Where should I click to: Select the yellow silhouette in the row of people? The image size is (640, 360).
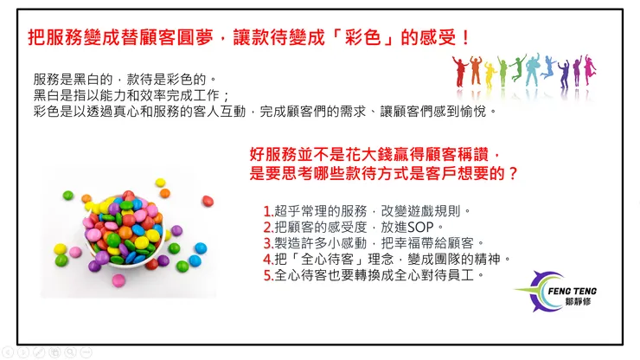pyautogui.click(x=490, y=74)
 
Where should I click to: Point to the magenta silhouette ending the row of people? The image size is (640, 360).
pyautogui.click(x=594, y=72)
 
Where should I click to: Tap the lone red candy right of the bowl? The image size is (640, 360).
pyautogui.click(x=208, y=202)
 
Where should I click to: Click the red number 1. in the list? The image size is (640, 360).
pyautogui.click(x=267, y=211)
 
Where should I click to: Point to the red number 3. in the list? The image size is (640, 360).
pyautogui.click(x=267, y=243)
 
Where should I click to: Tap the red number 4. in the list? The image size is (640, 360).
pyautogui.click(x=267, y=259)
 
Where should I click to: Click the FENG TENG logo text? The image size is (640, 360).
pyautogui.click(x=573, y=292)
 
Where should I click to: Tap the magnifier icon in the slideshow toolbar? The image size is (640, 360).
pyautogui.click(x=70, y=351)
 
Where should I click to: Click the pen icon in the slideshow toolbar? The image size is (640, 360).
pyautogui.click(x=38, y=351)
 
